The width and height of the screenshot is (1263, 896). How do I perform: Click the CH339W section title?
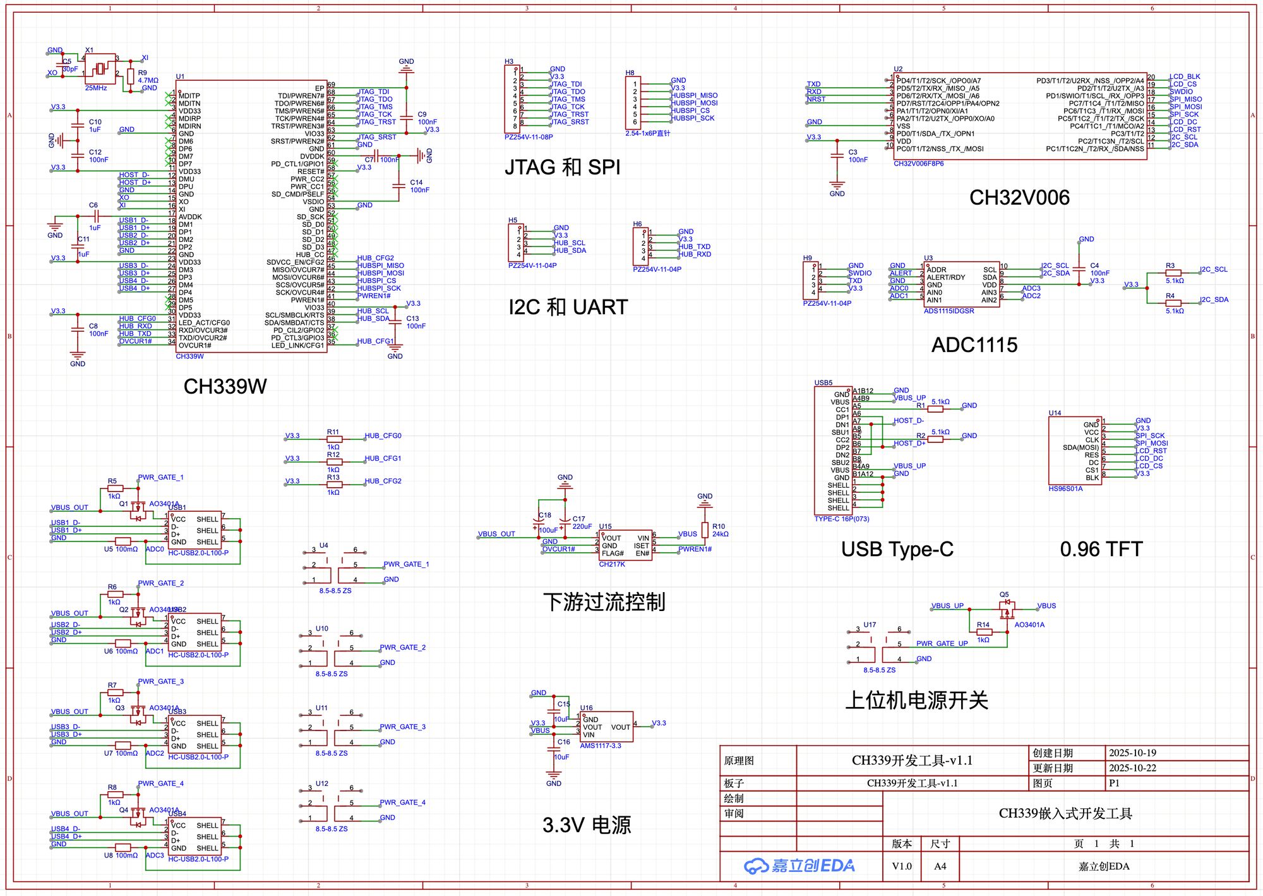(225, 386)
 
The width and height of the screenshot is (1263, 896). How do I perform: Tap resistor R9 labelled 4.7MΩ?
(130, 76)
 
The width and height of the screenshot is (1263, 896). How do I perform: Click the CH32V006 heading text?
(1019, 198)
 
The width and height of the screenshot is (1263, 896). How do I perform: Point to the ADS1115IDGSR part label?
(949, 311)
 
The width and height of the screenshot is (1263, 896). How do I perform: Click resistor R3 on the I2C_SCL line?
(1173, 273)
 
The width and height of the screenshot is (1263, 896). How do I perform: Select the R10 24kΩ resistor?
(705, 530)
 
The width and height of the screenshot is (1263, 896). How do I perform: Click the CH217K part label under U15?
(611, 564)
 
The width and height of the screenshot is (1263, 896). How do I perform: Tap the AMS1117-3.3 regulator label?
(600, 746)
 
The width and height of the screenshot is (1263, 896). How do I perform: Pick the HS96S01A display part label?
(1065, 488)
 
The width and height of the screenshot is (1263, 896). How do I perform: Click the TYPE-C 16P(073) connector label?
(841, 519)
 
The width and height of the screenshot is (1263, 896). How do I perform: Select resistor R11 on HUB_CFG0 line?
(334, 439)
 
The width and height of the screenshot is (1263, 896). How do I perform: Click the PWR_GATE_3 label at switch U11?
(402, 727)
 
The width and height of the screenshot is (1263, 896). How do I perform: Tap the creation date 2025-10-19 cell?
(1132, 753)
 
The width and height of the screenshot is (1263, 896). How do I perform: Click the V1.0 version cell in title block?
(901, 866)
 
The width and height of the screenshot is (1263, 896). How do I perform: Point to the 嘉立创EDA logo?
(799, 866)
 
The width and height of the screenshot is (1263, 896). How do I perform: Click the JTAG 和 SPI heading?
(562, 167)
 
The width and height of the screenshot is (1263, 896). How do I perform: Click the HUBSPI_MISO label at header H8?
(694, 95)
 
